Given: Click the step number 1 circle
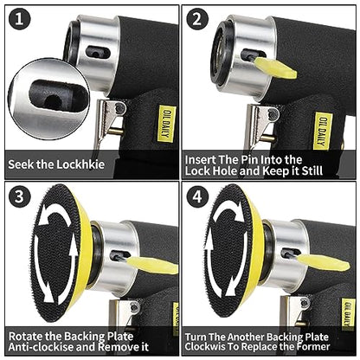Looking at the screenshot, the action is [x=20, y=19].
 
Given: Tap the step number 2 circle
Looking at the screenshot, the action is [x=197, y=19].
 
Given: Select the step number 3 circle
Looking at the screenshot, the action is [x=20, y=196].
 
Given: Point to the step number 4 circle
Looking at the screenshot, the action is [x=197, y=196].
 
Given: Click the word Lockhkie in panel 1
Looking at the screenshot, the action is [x=80, y=164].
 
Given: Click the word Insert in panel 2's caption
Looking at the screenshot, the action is [x=201, y=159].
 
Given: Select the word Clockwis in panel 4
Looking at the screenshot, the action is [x=205, y=346].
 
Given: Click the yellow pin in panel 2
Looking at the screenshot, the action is [x=275, y=67].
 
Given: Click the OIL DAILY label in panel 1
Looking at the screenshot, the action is [x=167, y=125].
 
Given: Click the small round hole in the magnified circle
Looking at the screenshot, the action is [x=53, y=101].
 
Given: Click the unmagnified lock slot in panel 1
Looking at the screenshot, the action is [x=98, y=53].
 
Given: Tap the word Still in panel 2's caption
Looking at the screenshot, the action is [x=312, y=170].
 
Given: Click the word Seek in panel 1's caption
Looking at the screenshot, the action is [x=21, y=164].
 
